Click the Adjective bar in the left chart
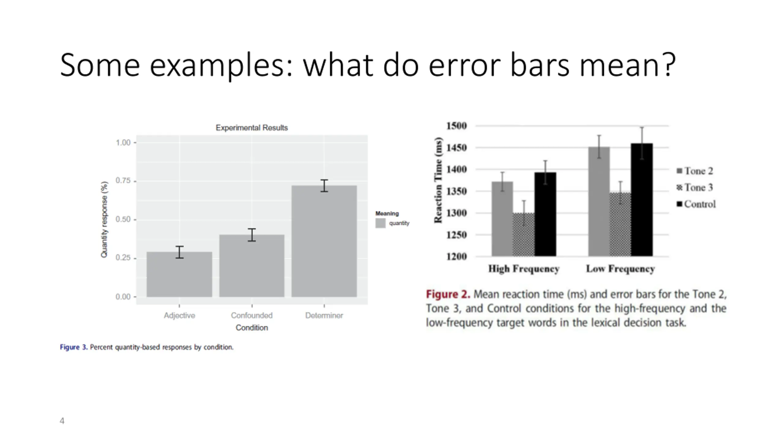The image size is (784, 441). coord(179,274)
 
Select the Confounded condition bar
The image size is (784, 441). coord(252,266)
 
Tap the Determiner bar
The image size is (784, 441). coord(324,241)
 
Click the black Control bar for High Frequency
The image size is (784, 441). coord(545,214)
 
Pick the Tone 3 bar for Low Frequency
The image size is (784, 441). coord(620,224)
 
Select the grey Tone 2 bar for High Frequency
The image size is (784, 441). coord(502,219)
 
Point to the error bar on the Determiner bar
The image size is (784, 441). coord(324,186)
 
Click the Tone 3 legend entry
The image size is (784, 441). coord(695,187)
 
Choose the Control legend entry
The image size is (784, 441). coord(696,204)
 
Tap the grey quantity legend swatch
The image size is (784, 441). coord(380,223)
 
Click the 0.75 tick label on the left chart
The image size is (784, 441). coord(123,181)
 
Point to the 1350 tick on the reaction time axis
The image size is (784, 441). coord(456,191)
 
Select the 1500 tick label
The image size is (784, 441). coord(456,126)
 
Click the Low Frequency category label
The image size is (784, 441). coord(620,269)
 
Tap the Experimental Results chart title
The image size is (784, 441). coord(252,128)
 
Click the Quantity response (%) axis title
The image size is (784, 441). coord(104,220)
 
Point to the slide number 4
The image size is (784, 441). coord(62,421)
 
